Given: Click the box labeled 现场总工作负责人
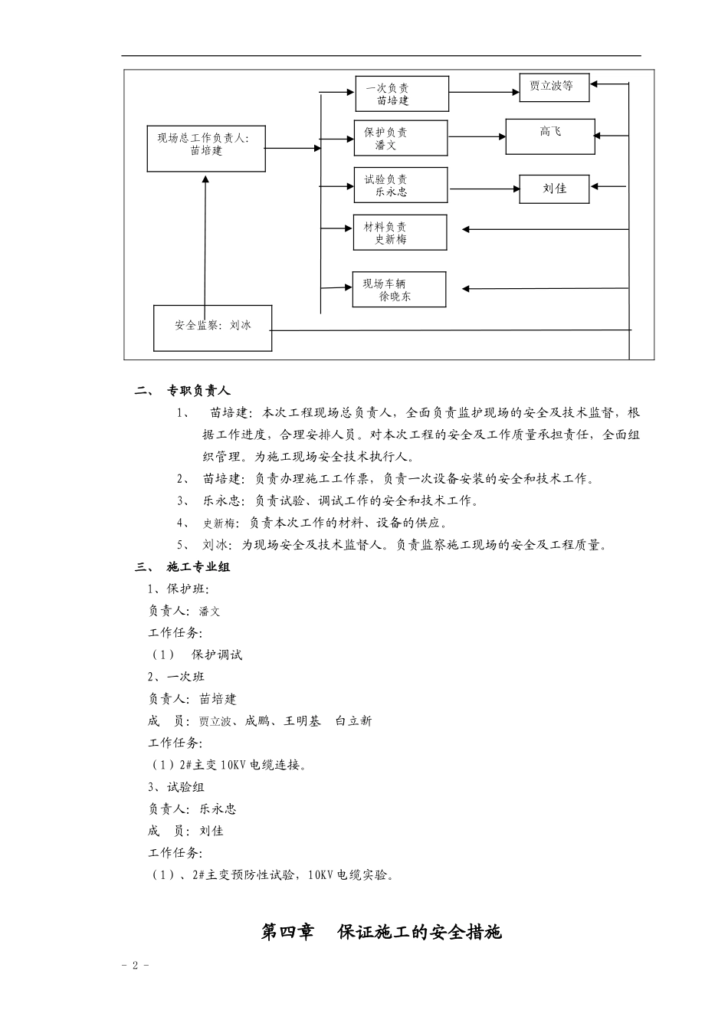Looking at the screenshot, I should (206, 149).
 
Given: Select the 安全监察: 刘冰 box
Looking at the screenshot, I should (212, 328).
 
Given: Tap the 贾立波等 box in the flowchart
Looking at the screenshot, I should (554, 87).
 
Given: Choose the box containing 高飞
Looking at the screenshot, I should (549, 136).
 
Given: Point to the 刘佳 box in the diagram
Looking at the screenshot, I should (554, 189).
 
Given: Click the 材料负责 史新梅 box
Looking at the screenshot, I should (399, 232).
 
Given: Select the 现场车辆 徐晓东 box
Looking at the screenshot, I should (398, 290).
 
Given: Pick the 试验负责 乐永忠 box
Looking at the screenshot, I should (400, 185).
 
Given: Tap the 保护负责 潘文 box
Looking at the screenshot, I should (400, 138).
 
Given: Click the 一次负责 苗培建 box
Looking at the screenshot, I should (401, 93).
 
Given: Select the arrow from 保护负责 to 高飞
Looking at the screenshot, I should (476, 136).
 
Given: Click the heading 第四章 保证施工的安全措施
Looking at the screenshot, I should (382, 932).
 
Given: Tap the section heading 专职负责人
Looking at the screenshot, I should (198, 391).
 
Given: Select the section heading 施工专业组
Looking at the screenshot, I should (198, 567).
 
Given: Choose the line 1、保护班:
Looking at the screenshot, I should (179, 589).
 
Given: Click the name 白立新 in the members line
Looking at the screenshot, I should (353, 721).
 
